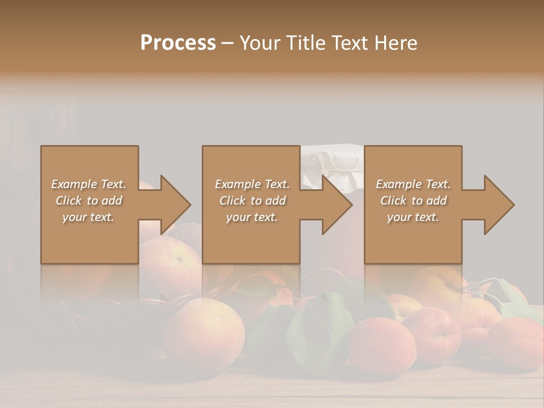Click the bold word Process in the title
pyautogui.click(x=178, y=43)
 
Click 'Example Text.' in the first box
pyautogui.click(x=88, y=184)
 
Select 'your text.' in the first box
pyautogui.click(x=88, y=217)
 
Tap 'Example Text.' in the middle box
pyautogui.click(x=252, y=184)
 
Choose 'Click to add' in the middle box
pyautogui.click(x=252, y=201)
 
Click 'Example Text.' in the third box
pyautogui.click(x=413, y=184)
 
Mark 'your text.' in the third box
pyautogui.click(x=413, y=217)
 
